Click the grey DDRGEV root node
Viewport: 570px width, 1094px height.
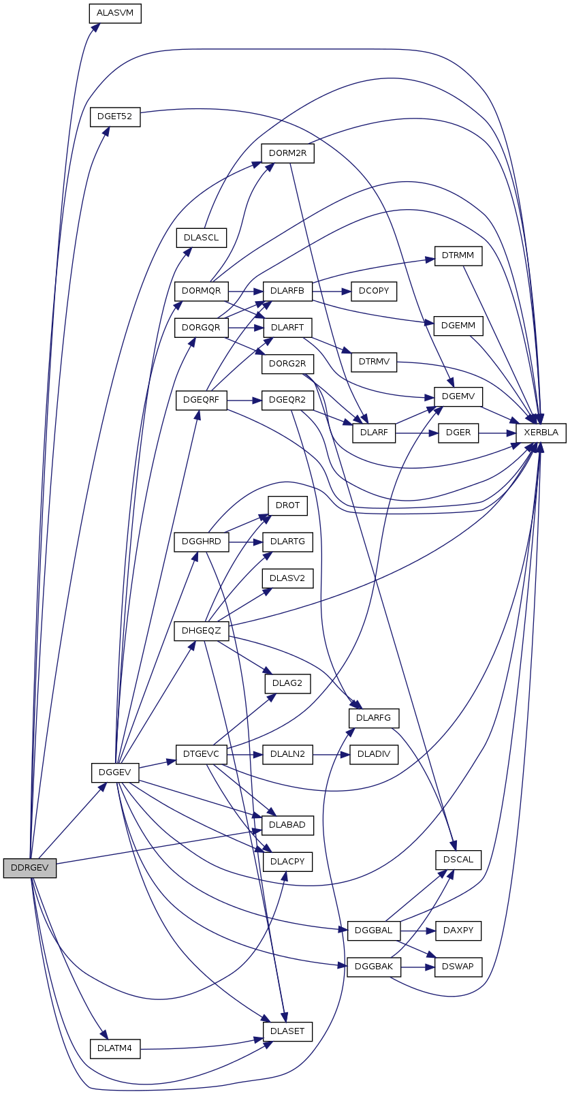[x=30, y=868]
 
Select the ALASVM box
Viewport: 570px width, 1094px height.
[x=115, y=13]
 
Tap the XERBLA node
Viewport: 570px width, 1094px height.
[x=541, y=433]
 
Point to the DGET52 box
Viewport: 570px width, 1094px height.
[x=115, y=116]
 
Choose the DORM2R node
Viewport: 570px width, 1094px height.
[x=287, y=153]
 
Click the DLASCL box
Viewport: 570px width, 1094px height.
[x=201, y=238]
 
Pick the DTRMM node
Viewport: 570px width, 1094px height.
[x=458, y=256]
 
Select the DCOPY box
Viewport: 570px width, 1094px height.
[x=374, y=291]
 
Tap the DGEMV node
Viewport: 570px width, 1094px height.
[x=458, y=396]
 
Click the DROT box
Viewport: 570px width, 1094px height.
[x=287, y=505]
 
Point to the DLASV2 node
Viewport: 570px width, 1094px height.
[x=287, y=578]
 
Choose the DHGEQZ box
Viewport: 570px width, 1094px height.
[x=201, y=631]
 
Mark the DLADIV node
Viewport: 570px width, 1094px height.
[x=374, y=754]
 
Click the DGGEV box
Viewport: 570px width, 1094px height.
[x=115, y=772]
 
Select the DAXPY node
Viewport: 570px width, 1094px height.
[x=458, y=931]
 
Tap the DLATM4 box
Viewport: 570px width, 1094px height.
[x=115, y=1048]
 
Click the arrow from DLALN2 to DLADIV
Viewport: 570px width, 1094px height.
[x=331, y=755]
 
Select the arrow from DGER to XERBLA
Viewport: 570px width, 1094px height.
[x=497, y=433]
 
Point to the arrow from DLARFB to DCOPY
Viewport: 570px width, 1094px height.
[x=331, y=292]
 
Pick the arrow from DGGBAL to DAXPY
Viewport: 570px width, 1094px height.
[x=417, y=931]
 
